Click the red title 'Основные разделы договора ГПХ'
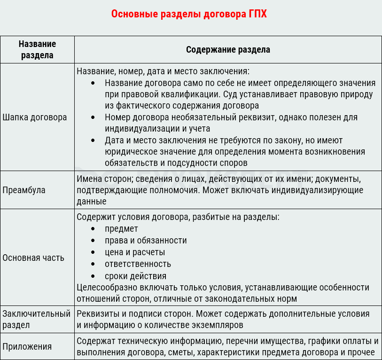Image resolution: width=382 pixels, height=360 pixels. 189,14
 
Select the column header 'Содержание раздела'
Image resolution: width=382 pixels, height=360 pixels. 228,49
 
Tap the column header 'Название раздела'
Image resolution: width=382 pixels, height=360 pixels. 37,49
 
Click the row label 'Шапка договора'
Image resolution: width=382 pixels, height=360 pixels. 35,117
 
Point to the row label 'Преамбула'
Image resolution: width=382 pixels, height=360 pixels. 23,190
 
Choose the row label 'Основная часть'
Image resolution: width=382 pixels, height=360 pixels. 33,258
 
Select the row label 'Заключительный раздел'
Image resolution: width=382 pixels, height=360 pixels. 36,319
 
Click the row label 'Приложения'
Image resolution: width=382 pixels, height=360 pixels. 27,347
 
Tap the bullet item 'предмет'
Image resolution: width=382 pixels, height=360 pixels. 121,228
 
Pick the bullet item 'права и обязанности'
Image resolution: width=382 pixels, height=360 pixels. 146,240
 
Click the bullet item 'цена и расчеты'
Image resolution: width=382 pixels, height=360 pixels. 135,252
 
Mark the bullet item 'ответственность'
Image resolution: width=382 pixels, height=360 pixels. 138,264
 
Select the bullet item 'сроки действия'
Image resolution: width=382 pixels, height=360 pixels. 135,276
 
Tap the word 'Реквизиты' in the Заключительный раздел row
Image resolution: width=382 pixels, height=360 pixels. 96,313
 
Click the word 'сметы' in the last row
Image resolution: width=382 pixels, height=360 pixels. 182,352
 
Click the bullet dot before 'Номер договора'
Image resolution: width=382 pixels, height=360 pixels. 94,117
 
